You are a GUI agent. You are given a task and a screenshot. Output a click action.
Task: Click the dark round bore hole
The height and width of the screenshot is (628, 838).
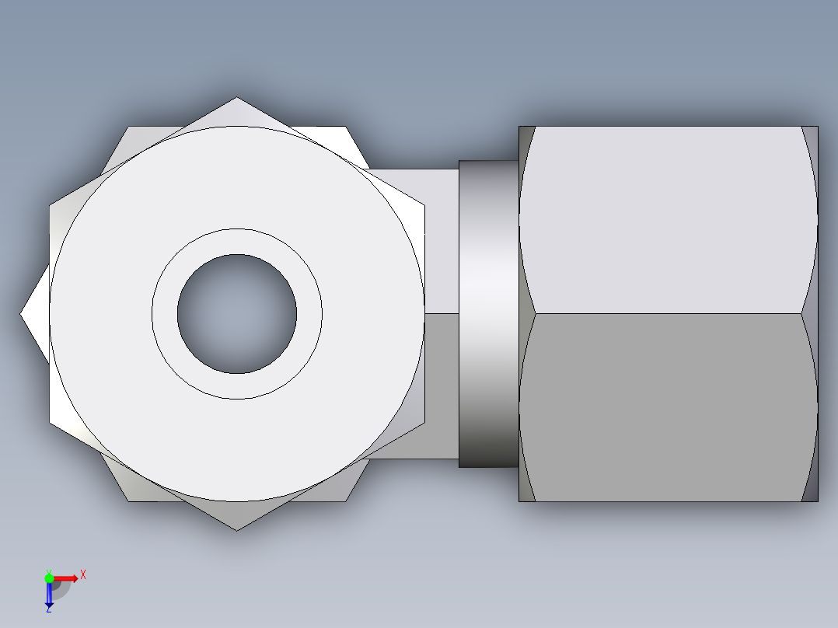pos(237,314)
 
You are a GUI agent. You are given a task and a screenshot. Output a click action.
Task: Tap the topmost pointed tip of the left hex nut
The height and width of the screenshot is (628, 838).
pos(237,97)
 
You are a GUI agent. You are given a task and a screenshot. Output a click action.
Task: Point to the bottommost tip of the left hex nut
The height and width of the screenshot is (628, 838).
pos(237,530)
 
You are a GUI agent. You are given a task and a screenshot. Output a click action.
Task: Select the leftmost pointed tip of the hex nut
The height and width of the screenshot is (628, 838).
pos(20,314)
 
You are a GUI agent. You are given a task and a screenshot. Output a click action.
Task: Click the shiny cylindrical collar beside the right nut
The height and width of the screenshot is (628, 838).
pos(488,314)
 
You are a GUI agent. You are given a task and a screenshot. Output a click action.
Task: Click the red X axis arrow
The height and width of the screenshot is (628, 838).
pos(65,578)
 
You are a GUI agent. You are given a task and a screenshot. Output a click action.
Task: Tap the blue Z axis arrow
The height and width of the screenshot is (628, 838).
pos(49,593)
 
